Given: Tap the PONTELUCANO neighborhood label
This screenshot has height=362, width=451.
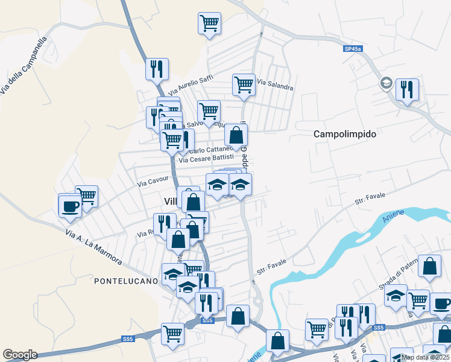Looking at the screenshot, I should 126,281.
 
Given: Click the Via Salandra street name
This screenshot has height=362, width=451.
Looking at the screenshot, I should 275,84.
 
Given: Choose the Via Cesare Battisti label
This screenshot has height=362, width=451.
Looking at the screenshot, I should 206,158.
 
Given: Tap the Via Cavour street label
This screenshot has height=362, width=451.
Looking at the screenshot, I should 153,180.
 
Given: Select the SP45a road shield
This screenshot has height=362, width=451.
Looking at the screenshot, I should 353,49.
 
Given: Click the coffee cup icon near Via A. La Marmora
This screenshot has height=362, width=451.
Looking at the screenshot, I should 69,205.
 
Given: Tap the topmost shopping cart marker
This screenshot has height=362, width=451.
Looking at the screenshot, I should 209,23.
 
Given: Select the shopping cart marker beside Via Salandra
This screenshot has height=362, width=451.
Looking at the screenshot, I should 244,84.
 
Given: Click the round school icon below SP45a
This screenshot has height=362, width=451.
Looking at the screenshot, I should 386,83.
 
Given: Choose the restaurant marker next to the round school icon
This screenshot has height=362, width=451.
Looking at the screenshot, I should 407,90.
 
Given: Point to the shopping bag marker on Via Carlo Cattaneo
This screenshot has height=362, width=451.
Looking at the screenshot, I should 236,135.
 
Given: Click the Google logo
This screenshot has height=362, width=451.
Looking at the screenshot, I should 20,355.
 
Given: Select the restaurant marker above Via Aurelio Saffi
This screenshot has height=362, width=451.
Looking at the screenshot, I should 157,69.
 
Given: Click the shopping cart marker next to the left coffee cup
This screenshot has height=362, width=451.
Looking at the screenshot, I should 87,196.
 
